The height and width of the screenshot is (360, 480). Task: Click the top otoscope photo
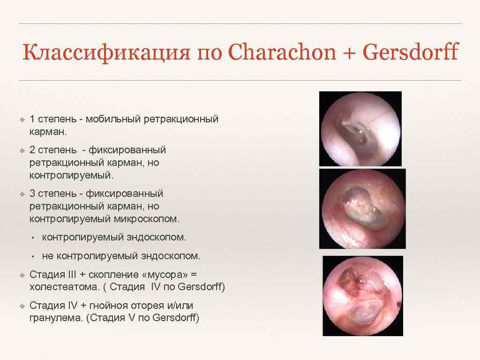tap(360, 128)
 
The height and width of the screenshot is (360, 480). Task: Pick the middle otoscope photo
tap(362, 209)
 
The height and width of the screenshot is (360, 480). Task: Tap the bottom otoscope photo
tap(362, 295)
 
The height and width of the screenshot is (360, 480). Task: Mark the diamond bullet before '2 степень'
tap(22, 150)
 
